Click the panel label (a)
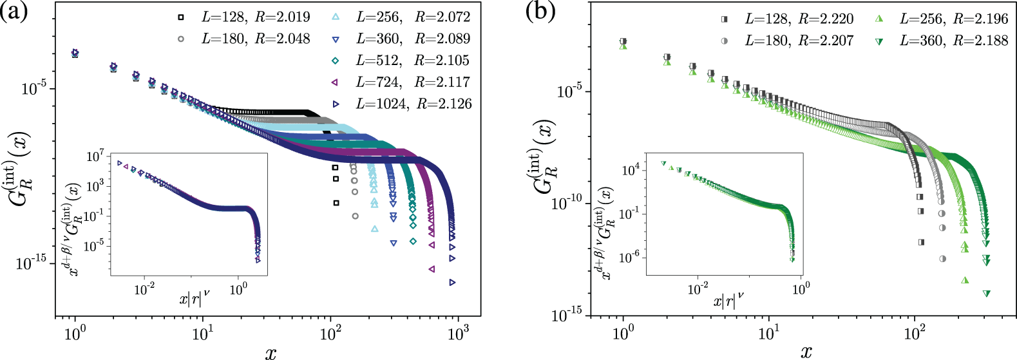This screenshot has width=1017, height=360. click(x=14, y=12)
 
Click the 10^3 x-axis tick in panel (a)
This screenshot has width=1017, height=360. click(x=458, y=334)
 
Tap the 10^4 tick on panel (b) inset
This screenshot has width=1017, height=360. click(x=629, y=170)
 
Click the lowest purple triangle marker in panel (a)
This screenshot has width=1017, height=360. click(x=432, y=269)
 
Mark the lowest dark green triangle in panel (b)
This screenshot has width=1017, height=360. click(x=986, y=294)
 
